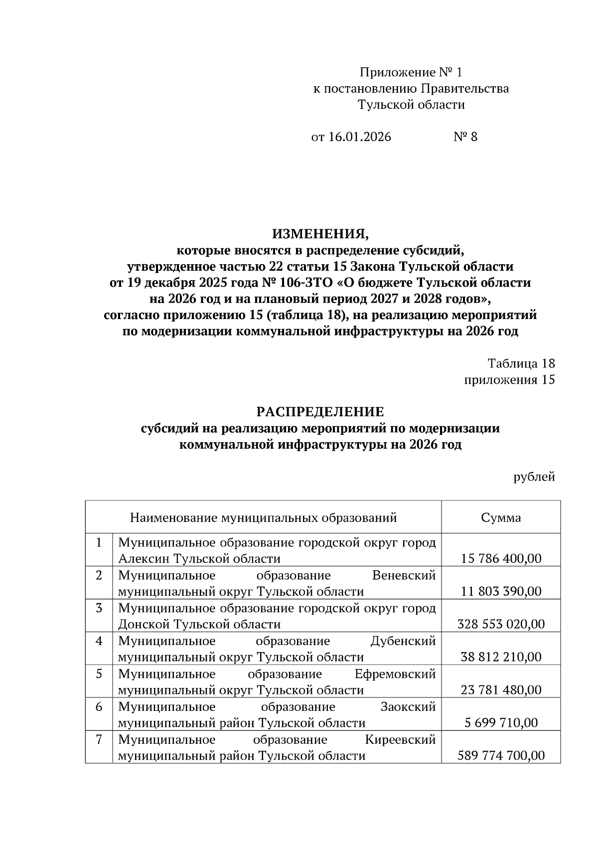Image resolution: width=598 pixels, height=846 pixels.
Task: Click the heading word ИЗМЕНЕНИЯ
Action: [x=320, y=233]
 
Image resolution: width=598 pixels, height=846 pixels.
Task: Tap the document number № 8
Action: [x=465, y=137]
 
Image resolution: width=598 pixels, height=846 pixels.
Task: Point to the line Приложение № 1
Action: [x=411, y=73]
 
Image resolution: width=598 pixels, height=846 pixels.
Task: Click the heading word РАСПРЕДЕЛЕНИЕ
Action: [x=320, y=412]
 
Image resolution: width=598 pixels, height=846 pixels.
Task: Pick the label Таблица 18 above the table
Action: [x=521, y=363]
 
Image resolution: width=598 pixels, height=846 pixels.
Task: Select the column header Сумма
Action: [x=501, y=517]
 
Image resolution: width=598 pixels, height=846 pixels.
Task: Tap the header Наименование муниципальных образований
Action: [x=263, y=517]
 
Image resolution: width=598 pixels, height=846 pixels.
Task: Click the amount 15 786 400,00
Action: [x=501, y=558]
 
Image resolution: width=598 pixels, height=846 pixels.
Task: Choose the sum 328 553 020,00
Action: [x=501, y=624]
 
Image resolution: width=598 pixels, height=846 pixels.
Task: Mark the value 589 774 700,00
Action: [x=501, y=756]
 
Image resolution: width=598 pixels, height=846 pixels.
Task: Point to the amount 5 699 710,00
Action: [x=501, y=723]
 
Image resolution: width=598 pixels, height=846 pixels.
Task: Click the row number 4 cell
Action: [x=99, y=641]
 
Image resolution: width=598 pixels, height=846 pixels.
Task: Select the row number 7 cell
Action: [x=99, y=740]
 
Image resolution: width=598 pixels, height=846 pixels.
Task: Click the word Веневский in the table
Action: [x=404, y=575]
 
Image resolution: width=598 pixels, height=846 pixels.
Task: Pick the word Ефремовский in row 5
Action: [x=395, y=674]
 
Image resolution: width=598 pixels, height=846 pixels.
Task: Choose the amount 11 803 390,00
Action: [x=501, y=591]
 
